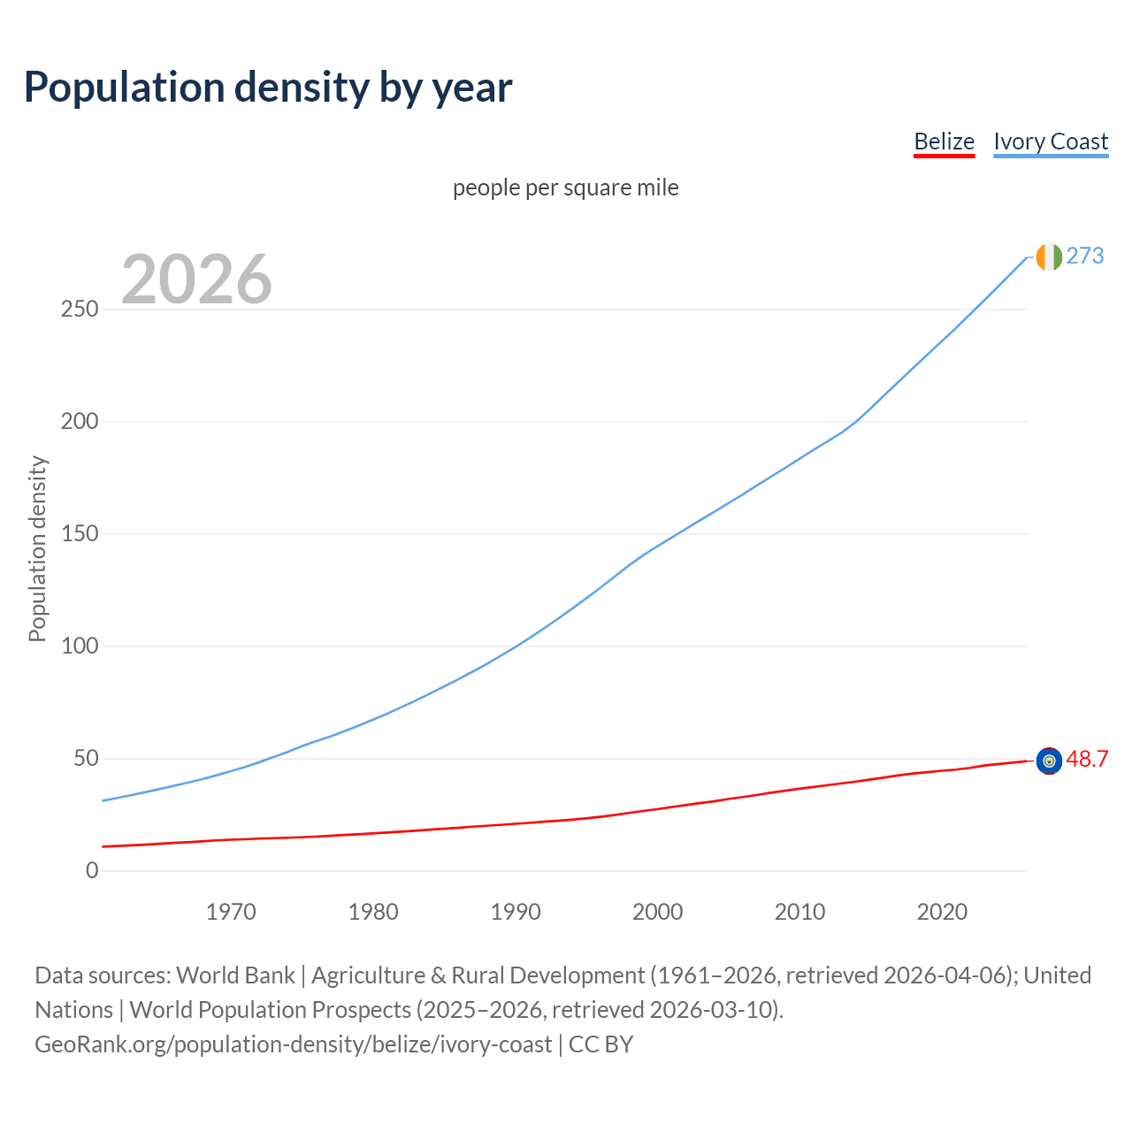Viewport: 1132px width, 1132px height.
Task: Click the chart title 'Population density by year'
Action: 268,88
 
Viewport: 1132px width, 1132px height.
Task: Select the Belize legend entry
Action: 944,141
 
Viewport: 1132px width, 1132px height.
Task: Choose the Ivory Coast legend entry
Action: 1051,141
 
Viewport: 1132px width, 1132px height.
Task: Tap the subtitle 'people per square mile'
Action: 566,187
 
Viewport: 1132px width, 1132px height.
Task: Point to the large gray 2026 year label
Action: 196,279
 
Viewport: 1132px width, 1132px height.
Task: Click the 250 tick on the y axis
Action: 79,310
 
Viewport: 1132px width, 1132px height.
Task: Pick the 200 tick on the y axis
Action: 79,422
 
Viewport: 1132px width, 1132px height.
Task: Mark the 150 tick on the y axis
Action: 79,534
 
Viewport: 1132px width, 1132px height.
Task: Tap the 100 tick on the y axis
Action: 79,646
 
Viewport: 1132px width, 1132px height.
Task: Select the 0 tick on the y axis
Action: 92,871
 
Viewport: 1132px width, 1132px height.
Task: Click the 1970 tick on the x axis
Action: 231,912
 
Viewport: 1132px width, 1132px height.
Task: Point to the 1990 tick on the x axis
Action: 516,912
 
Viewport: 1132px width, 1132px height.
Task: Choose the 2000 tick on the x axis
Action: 657,912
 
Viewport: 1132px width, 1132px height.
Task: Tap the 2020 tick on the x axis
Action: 942,912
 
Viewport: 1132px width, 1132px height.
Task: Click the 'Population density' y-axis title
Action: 37,548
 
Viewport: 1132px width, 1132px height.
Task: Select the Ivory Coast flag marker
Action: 1049,256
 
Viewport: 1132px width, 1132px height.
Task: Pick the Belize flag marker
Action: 1049,761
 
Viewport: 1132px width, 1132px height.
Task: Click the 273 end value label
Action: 1085,256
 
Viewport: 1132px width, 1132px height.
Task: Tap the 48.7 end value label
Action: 1087,760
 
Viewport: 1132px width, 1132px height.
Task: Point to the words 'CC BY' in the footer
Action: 600,1044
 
